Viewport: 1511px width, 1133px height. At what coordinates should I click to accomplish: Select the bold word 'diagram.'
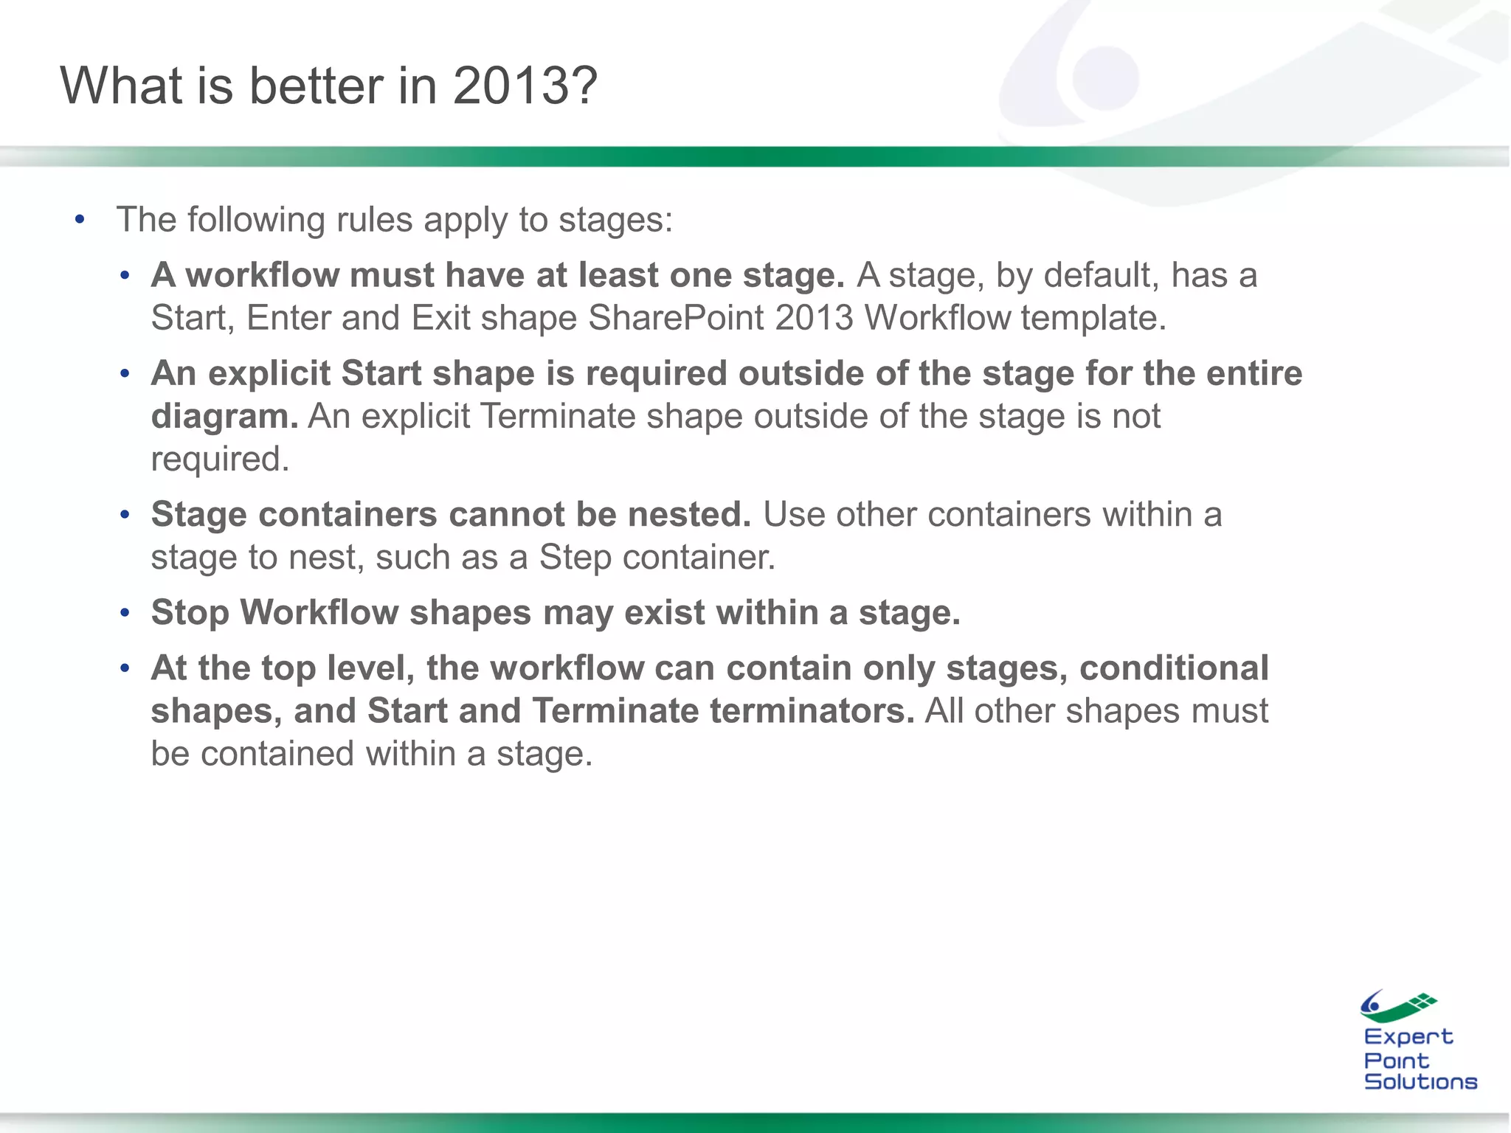[x=224, y=416]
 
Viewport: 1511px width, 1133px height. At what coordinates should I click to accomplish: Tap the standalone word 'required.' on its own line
[x=220, y=459]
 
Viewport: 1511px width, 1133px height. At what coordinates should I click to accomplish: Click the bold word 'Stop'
[x=190, y=613]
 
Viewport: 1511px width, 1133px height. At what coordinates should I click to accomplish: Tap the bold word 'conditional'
[x=1174, y=668]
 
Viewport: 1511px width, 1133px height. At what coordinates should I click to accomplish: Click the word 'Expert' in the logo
[x=1408, y=1036]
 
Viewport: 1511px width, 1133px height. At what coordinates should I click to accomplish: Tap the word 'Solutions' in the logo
[x=1420, y=1081]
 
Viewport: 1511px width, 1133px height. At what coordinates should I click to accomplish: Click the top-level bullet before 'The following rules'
[x=80, y=220]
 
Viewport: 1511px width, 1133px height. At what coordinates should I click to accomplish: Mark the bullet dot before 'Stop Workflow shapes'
[x=125, y=613]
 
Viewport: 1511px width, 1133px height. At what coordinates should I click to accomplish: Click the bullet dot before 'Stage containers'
[x=125, y=514]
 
